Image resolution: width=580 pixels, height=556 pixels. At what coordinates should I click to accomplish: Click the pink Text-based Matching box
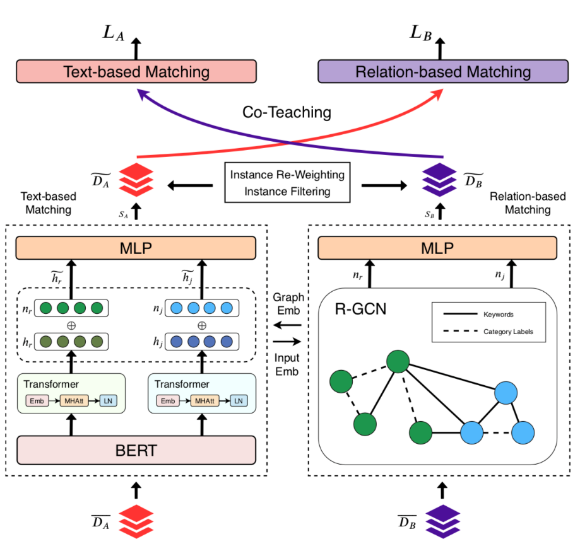[136, 71]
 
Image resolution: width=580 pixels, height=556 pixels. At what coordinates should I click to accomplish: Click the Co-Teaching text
[287, 112]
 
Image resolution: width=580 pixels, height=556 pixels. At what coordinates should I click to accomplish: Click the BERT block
[136, 450]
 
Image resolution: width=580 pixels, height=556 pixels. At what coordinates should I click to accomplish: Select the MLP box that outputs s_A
[136, 248]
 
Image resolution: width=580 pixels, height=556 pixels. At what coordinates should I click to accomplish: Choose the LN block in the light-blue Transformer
[239, 401]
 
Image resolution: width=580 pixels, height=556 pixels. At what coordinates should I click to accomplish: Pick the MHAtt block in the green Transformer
[74, 401]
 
